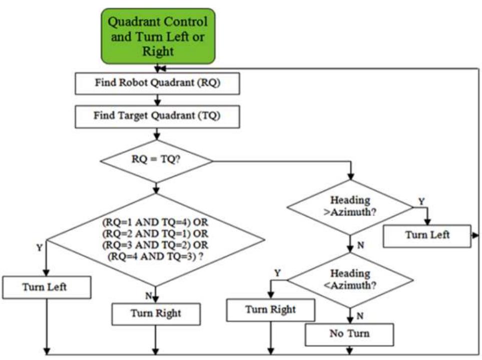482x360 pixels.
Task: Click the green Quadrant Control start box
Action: (x=158, y=36)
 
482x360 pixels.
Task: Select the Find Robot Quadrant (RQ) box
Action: (x=158, y=84)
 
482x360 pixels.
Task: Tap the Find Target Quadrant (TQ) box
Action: (x=158, y=116)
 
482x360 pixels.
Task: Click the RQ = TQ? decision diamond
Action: (x=157, y=161)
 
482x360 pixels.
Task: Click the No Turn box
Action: (x=349, y=334)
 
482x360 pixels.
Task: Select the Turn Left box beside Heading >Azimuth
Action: (x=427, y=235)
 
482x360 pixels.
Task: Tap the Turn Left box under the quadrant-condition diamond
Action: (x=46, y=287)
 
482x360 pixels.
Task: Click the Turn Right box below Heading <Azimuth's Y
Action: (x=271, y=310)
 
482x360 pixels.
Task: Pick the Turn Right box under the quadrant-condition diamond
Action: (x=156, y=314)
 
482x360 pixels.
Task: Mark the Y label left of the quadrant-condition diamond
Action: (x=39, y=247)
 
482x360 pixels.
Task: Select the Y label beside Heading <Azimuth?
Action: (x=277, y=272)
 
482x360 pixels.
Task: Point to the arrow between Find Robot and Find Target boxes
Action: (x=158, y=100)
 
